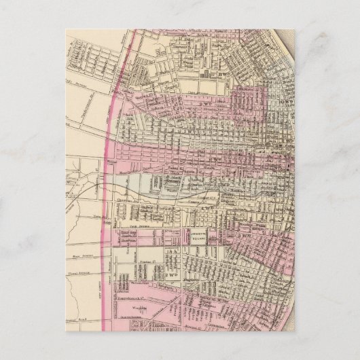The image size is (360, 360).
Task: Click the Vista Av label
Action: pos(98,215)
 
